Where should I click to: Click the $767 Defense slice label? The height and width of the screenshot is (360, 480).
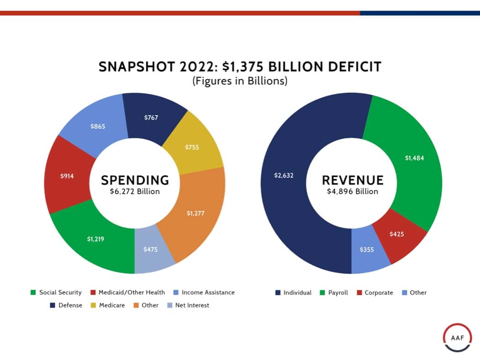tap(151, 118)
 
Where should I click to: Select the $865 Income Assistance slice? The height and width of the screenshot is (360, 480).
tap(98, 126)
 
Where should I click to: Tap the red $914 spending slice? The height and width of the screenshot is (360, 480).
tap(67, 176)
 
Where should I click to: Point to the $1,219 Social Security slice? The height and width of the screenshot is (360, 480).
tap(95, 238)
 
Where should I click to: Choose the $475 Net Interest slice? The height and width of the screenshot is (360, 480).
tap(151, 249)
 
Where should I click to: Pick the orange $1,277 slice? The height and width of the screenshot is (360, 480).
tap(195, 213)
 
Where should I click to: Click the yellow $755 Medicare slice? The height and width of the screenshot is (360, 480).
tap(192, 147)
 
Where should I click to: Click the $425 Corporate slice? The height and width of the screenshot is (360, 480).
tap(396, 234)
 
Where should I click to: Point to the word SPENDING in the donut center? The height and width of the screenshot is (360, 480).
tap(135, 180)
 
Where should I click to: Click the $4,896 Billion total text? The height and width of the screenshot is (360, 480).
tap(352, 191)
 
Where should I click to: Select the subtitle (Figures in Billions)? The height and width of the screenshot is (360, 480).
tap(240, 81)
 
